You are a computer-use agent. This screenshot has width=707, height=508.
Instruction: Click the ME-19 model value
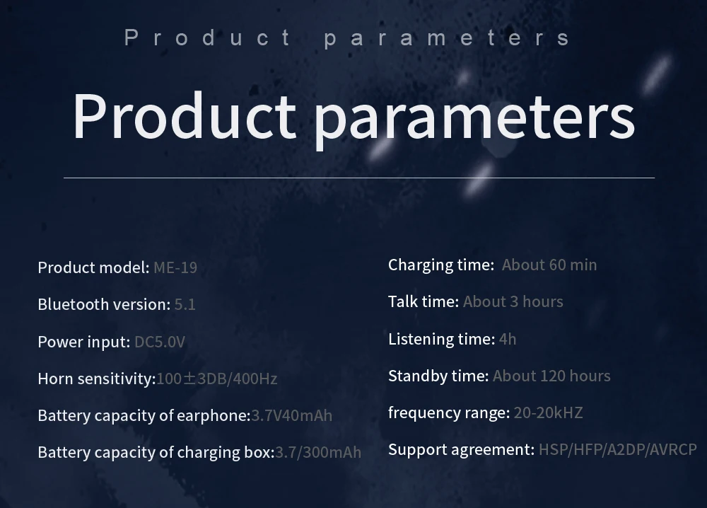click(175, 267)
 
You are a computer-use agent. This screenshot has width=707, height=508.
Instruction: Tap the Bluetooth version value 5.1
click(185, 304)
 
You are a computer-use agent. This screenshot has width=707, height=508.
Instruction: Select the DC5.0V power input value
click(160, 342)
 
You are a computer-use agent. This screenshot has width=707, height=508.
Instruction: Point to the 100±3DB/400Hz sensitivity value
click(217, 379)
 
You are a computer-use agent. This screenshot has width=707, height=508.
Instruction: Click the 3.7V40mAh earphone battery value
click(292, 415)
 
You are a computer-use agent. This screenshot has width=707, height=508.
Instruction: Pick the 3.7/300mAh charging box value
click(318, 452)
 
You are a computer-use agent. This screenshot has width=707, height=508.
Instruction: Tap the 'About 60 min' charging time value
click(549, 265)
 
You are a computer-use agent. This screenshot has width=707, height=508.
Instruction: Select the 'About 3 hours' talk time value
click(513, 301)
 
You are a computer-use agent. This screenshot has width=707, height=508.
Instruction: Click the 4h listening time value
click(508, 339)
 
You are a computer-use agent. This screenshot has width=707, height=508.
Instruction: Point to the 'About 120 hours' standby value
click(551, 376)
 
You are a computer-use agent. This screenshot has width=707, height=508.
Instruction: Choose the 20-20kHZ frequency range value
click(549, 412)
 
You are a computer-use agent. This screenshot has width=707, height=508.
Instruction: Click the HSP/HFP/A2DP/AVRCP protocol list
click(618, 450)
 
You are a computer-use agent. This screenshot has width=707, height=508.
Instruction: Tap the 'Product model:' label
click(94, 267)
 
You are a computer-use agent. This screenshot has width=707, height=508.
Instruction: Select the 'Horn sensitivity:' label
click(97, 379)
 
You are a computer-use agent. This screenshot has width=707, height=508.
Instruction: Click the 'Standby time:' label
click(438, 376)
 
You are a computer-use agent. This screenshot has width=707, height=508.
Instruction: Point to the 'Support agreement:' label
click(461, 450)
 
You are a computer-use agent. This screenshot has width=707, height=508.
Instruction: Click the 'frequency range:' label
click(449, 412)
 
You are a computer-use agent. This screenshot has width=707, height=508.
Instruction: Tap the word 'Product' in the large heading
click(184, 116)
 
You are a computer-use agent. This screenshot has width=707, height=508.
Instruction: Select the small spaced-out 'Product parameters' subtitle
click(347, 37)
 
